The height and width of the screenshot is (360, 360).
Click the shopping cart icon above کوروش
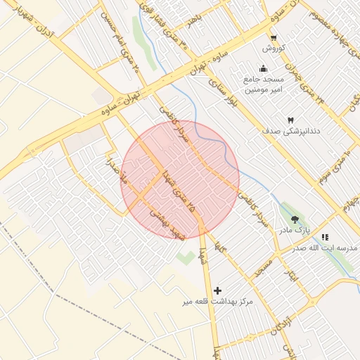pyautogui.click(x=273, y=38)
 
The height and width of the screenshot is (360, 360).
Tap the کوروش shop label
pyautogui.click(x=272, y=49)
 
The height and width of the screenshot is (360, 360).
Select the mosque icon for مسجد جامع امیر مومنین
pyautogui.click(x=263, y=68)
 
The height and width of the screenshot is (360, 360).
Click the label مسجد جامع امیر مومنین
pyautogui.click(x=263, y=84)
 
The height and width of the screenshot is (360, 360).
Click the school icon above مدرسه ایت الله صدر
pyautogui.click(x=324, y=238)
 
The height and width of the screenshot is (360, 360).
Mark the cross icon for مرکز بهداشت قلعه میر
pyautogui.click(x=217, y=290)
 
